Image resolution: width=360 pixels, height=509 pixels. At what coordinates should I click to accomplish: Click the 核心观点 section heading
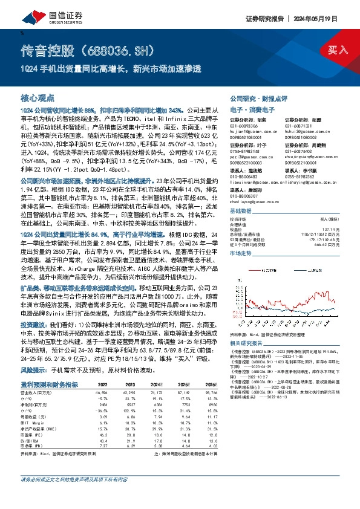coord(38,97)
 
